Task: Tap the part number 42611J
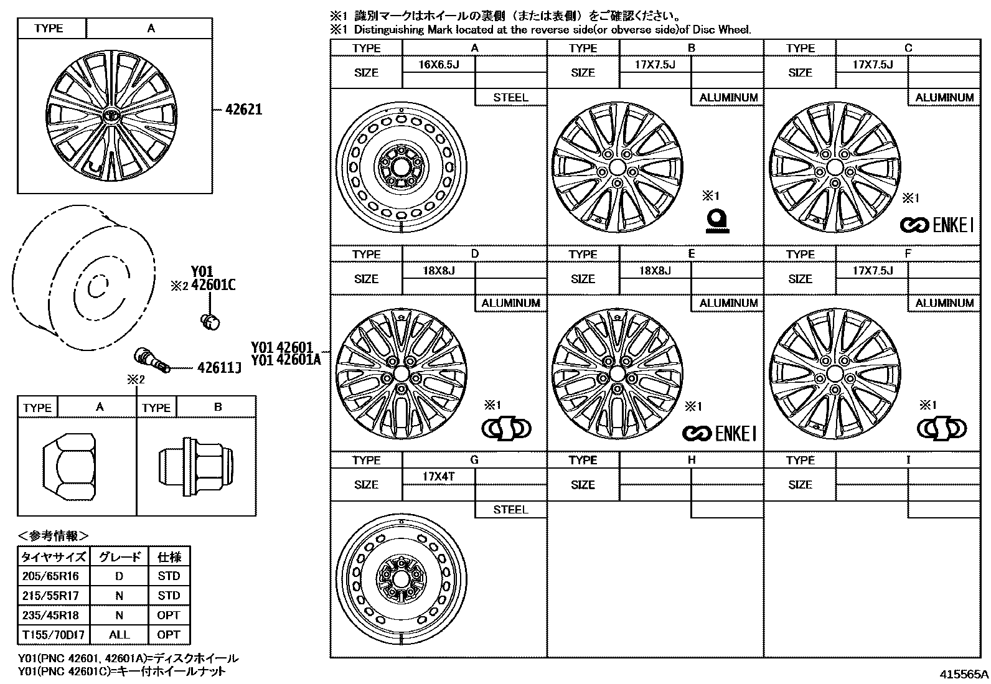219,368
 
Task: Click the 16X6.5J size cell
438,64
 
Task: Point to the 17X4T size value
438,476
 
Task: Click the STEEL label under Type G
510,510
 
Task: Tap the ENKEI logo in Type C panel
936,225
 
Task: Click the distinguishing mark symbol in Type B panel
717,222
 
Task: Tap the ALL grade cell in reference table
119,635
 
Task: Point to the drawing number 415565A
964,674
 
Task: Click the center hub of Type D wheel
400,374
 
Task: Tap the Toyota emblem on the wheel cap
111,116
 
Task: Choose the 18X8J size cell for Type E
655,270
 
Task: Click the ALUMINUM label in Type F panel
944,303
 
